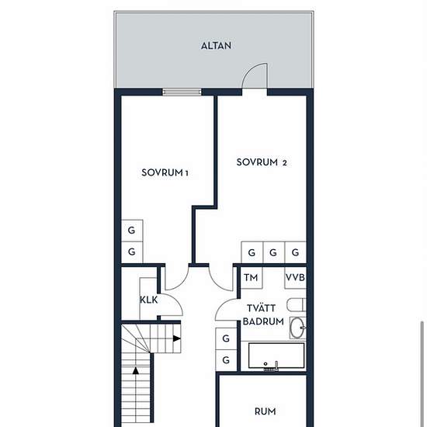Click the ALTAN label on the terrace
[217, 46]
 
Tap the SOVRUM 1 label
[165, 172]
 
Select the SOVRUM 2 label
[262, 162]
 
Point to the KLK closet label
[149, 300]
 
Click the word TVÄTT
[261, 308]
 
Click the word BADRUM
[263, 321]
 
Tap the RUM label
[265, 411]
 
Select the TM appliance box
[252, 277]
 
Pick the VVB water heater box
[295, 277]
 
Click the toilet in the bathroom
[297, 305]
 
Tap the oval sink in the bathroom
[297, 328]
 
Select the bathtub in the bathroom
[276, 356]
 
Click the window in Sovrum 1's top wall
[182, 92]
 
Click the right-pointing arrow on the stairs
[177, 338]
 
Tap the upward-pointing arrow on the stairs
[136, 370]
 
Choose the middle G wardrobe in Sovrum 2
[274, 252]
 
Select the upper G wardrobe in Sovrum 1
[132, 231]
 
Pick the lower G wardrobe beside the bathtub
[226, 360]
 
